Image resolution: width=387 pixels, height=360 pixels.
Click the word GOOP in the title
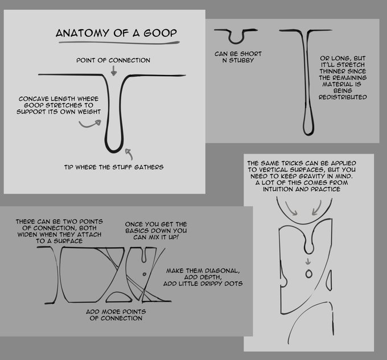[160, 33]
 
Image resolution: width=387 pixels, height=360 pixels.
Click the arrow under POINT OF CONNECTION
[113, 71]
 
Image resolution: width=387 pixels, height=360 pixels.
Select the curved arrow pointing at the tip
[129, 154]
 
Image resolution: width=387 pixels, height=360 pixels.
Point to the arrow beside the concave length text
[90, 124]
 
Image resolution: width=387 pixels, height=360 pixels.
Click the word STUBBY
[241, 60]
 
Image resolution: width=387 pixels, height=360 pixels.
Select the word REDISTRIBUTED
[343, 97]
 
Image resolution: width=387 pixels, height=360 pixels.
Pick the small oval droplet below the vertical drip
[309, 274]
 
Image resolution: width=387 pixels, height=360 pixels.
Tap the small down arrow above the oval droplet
[308, 262]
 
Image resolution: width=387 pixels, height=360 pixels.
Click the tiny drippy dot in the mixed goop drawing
[145, 274]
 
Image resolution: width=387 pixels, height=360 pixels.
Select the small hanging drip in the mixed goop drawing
[144, 255]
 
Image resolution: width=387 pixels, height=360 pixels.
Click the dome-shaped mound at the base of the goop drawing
[119, 297]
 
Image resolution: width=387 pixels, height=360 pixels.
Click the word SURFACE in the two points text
[68, 241]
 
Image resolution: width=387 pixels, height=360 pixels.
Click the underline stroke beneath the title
[119, 43]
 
